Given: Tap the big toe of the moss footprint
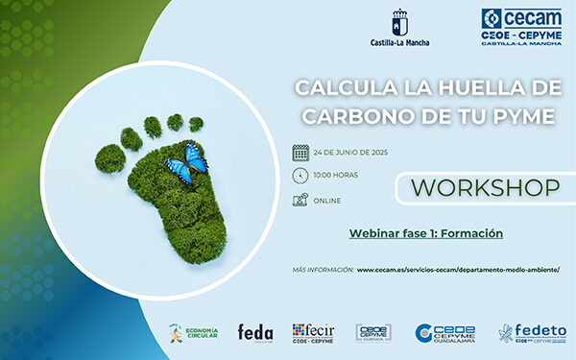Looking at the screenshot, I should pyautogui.click(x=131, y=139).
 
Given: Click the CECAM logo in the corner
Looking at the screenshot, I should pyautogui.click(x=521, y=29).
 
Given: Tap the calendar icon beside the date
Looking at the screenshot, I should pyautogui.click(x=300, y=152).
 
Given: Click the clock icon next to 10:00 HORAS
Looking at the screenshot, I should pyautogui.click(x=300, y=175).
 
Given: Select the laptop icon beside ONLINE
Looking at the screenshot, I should pyautogui.click(x=300, y=200).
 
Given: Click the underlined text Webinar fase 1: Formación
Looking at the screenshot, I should pyautogui.click(x=425, y=233).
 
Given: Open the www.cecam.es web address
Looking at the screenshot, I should pyautogui.click(x=457, y=270).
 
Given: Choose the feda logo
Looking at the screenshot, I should pyautogui.click(x=255, y=332).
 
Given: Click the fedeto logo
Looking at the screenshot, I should pyautogui.click(x=533, y=332).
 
